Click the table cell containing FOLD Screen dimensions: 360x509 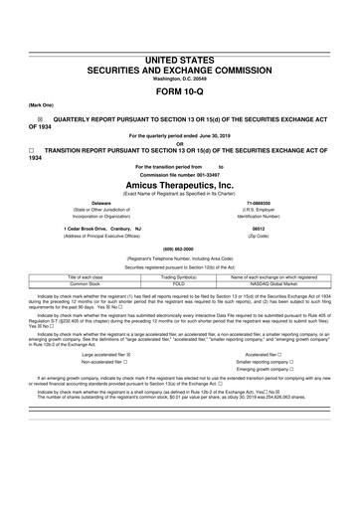point(180,283)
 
